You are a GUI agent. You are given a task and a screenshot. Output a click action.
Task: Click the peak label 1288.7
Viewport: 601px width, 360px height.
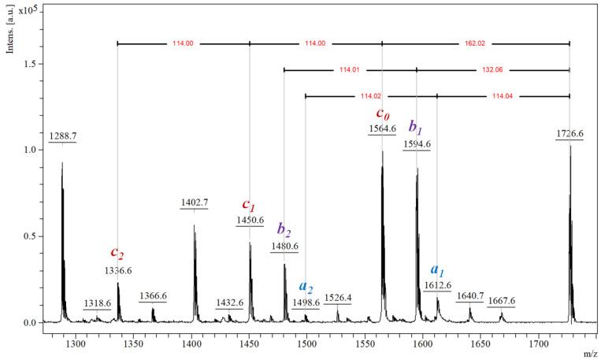63,136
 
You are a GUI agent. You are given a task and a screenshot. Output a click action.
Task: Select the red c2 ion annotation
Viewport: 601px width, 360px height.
117,254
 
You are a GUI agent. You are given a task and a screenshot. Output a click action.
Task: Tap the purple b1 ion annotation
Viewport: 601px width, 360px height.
416,128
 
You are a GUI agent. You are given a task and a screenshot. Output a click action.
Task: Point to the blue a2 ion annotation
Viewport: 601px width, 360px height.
306,286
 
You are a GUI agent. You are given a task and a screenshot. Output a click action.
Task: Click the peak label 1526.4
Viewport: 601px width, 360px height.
339,299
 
